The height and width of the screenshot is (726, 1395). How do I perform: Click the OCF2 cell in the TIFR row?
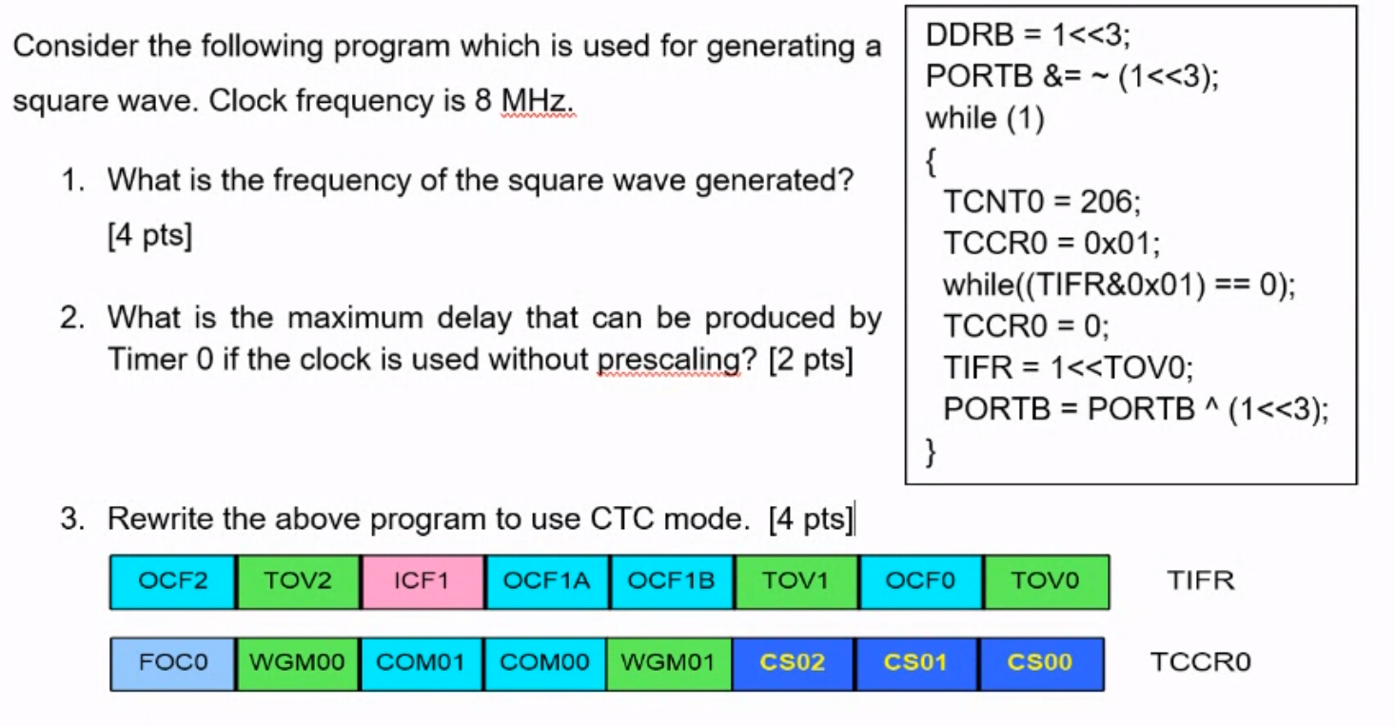[x=172, y=581]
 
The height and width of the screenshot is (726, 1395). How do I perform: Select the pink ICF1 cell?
[x=422, y=581]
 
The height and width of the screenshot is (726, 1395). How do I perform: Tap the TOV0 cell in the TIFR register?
[x=1046, y=581]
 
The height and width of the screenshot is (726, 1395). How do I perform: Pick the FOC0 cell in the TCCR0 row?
[x=172, y=662]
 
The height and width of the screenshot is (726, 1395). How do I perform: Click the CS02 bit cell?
[x=793, y=662]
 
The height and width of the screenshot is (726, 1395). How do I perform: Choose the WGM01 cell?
[x=669, y=662]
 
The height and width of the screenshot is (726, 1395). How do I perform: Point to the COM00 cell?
[x=545, y=662]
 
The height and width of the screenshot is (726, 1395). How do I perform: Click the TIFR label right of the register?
[x=1200, y=580]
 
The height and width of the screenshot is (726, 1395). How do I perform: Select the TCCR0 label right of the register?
[x=1200, y=662]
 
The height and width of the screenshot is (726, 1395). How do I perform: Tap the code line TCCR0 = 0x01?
[x=1051, y=244]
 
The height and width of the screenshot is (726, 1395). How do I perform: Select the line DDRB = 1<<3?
[x=1028, y=36]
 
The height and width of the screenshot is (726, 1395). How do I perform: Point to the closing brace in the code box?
[x=931, y=450]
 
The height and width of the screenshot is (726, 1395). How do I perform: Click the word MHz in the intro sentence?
[x=538, y=100]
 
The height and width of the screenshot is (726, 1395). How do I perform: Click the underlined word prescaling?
[x=669, y=361]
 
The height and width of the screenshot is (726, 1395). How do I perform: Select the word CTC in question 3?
[x=622, y=519]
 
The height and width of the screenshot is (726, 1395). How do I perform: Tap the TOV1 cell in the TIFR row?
[x=796, y=581]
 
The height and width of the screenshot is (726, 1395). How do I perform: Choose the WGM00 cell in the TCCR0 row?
[x=297, y=662]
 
